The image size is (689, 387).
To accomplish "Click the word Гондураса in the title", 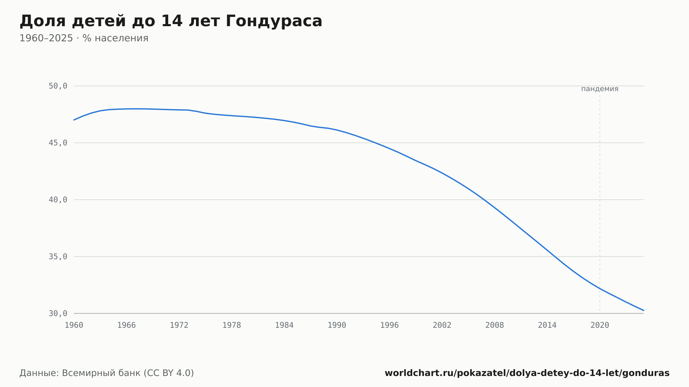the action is [x=274, y=21].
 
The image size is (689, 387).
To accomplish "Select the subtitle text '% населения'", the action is [x=115, y=38].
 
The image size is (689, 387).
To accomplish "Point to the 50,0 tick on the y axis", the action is [x=58, y=86].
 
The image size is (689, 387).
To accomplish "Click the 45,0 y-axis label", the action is [x=58, y=143].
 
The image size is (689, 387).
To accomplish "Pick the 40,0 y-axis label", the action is [x=58, y=200].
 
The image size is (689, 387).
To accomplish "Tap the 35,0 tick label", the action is [x=58, y=257].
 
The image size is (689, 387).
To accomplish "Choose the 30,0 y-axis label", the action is [x=58, y=313].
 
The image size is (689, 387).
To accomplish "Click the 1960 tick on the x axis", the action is [x=74, y=325].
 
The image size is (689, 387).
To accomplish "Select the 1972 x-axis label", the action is [x=179, y=325].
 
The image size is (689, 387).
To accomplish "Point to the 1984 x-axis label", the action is [x=284, y=325].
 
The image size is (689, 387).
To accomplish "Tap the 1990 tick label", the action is [x=337, y=325].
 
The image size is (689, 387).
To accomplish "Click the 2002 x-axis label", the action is [x=442, y=325].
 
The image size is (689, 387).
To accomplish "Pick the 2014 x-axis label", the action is [x=547, y=325].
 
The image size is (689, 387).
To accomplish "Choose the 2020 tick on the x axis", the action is [x=600, y=325].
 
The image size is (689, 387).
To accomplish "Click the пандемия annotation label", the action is [x=600, y=89].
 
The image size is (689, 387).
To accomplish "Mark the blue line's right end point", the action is [x=644, y=310].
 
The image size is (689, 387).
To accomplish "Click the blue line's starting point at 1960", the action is [x=74, y=120].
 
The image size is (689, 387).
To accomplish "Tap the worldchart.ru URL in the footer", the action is [x=527, y=373].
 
